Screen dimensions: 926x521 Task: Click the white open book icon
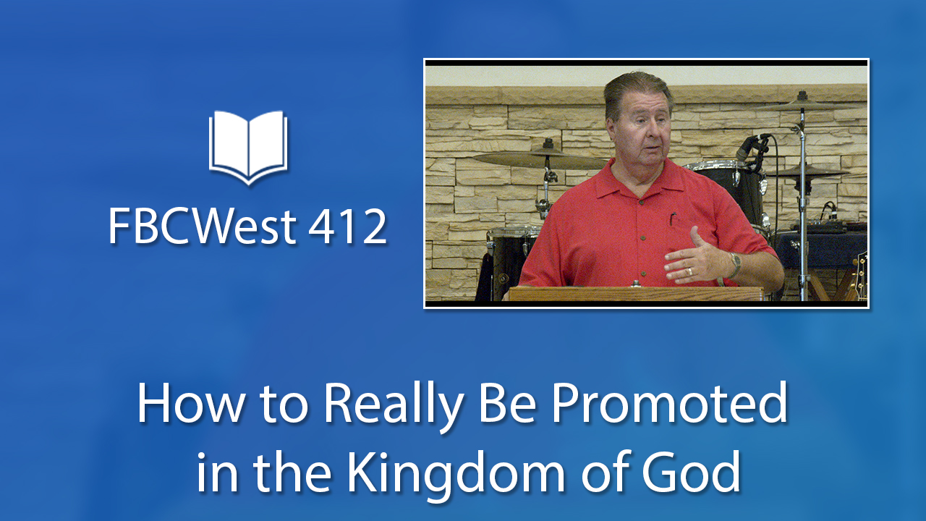tap(248, 147)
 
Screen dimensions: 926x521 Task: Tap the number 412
tap(347, 226)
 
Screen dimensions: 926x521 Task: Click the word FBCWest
tap(202, 226)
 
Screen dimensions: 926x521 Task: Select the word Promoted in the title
tap(670, 402)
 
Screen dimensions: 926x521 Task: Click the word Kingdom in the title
tap(456, 472)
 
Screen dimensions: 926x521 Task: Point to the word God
tap(691, 471)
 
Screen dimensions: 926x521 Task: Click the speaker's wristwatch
tap(734, 265)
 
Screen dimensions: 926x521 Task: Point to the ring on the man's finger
tap(689, 271)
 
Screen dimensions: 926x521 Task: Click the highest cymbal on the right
tap(804, 106)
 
